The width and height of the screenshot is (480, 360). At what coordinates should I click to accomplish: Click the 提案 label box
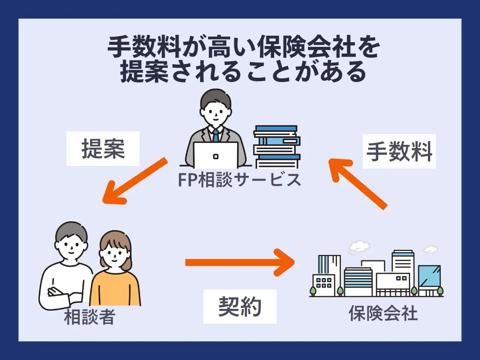(x=103, y=150)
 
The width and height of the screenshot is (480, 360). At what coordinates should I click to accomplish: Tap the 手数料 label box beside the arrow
(x=399, y=152)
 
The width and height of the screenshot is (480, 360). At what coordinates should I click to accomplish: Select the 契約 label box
(x=240, y=307)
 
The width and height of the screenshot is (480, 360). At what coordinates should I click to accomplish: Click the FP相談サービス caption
(x=240, y=180)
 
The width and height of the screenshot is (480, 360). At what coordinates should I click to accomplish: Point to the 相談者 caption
(x=89, y=318)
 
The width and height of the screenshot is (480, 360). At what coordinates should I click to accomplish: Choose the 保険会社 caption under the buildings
(x=383, y=313)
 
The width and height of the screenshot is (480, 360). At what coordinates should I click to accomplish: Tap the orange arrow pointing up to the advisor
(x=359, y=183)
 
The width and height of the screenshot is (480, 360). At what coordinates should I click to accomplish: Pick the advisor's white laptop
(x=216, y=155)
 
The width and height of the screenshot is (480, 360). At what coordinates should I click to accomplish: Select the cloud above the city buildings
(x=359, y=245)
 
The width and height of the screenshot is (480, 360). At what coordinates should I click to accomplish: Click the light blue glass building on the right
(x=429, y=277)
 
